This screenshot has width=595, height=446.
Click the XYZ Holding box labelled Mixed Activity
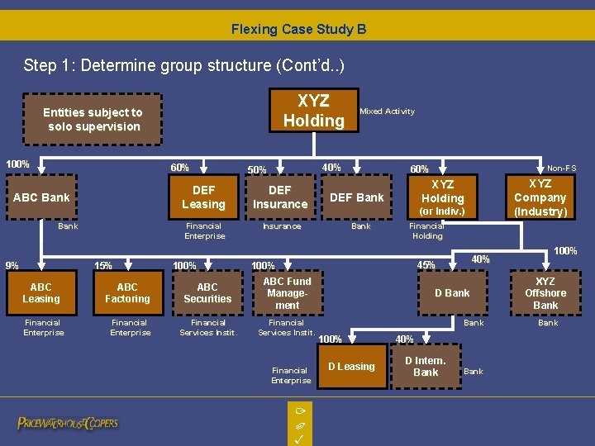pos(313,111)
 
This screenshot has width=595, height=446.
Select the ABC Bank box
pos(41,197)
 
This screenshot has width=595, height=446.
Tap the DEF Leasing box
pos(203,197)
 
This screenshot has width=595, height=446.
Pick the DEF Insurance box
pos(280,197)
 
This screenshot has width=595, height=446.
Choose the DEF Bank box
pos(357,197)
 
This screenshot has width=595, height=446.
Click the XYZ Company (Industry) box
pos(540,197)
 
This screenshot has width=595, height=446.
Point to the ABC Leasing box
pos(41,293)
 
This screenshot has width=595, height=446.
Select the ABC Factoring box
pos(127,293)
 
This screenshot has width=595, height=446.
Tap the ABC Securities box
pos(207,293)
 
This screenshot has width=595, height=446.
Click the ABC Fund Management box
pos(287,293)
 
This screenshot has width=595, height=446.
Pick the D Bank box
pos(452,293)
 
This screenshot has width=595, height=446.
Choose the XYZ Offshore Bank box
pos(545,293)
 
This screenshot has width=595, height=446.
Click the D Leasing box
pos(351,367)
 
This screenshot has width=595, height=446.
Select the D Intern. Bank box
pos(426,367)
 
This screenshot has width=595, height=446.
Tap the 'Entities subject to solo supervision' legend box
pos(93,120)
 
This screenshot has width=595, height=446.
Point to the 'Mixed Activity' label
pos(387,111)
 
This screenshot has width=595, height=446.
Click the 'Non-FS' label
pos(562,168)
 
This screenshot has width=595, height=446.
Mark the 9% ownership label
pos(12,266)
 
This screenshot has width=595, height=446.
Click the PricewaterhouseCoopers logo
pos(68,424)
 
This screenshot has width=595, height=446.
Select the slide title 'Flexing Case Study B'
pos(298,30)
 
